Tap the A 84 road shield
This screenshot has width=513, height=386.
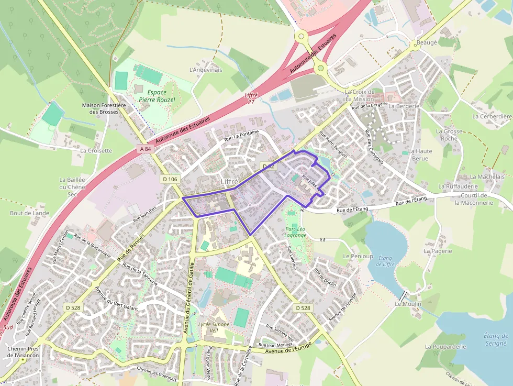(x=146, y=149)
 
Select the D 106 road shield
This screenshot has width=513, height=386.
(x=170, y=179)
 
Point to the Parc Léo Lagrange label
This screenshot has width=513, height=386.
(x=296, y=232)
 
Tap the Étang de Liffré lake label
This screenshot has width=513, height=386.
(x=386, y=261)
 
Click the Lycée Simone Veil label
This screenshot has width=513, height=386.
(x=214, y=327)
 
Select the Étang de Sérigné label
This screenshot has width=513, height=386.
(x=496, y=339)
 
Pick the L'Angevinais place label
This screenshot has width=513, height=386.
(x=206, y=70)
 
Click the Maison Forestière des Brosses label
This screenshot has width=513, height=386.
(x=104, y=108)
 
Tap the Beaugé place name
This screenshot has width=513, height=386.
(x=426, y=42)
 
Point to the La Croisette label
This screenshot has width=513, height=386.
(x=96, y=151)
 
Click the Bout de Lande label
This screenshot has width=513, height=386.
(x=29, y=213)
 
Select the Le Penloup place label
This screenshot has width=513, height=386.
(x=358, y=257)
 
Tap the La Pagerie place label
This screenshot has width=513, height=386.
(x=438, y=251)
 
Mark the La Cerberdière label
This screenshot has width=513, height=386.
(x=492, y=116)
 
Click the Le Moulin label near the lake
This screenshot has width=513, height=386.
(x=408, y=304)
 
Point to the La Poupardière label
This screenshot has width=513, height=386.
(x=445, y=347)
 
